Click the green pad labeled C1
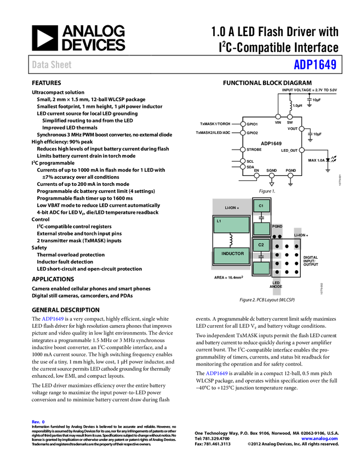click(261, 206)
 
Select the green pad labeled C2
click(261, 245)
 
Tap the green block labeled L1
click(231, 224)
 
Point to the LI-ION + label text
click(232, 208)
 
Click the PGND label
click(277, 226)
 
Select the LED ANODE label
click(277, 285)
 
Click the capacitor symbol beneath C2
click(261, 257)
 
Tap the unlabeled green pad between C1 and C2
click(261, 229)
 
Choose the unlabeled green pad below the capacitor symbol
click(261, 268)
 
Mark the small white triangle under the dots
click(272, 184)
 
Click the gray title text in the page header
click(52, 65)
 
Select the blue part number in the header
click(315, 65)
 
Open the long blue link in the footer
click(320, 439)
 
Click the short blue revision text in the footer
click(38, 422)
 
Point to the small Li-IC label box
click(298, 234)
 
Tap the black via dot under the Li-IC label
click(297, 247)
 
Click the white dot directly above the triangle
click(272, 175)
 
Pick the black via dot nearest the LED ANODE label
click(277, 272)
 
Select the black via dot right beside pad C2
click(277, 246)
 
